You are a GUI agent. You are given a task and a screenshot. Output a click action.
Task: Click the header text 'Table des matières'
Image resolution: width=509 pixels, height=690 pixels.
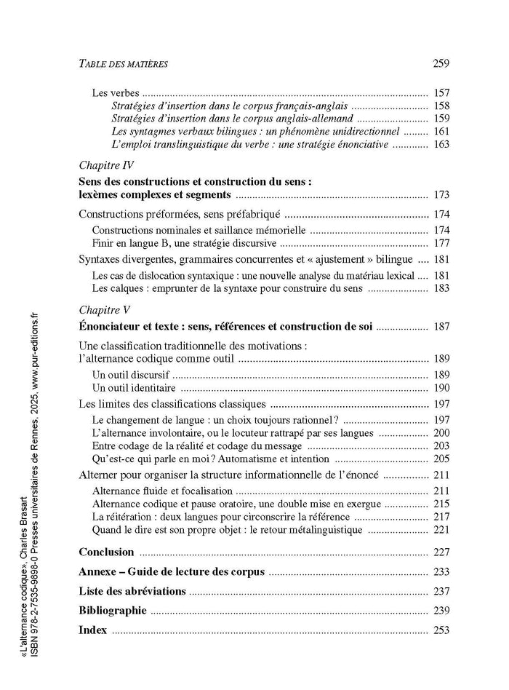123,64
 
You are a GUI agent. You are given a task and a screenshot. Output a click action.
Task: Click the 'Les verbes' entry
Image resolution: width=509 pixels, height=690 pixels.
116,93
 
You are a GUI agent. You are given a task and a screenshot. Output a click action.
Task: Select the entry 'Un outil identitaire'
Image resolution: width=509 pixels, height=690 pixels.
135,387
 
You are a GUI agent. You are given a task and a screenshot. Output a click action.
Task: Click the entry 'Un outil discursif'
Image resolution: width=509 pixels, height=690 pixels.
131,374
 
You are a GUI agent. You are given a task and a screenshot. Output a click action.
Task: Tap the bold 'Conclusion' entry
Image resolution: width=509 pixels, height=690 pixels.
106,552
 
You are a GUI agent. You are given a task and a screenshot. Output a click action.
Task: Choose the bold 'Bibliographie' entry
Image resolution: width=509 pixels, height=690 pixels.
112,611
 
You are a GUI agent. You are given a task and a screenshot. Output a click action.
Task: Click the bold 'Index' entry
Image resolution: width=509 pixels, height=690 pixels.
92,630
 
